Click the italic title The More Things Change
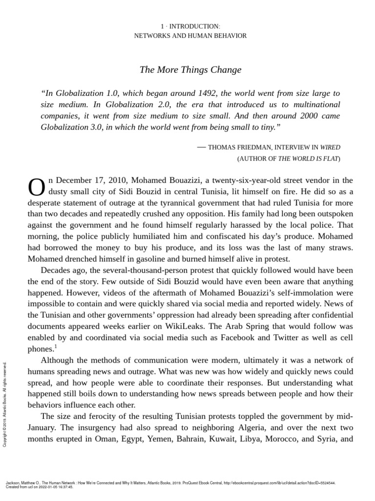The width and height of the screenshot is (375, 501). point(190,69)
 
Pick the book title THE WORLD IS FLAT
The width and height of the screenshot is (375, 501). point(308,159)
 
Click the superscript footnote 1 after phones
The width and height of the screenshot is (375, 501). point(55,347)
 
